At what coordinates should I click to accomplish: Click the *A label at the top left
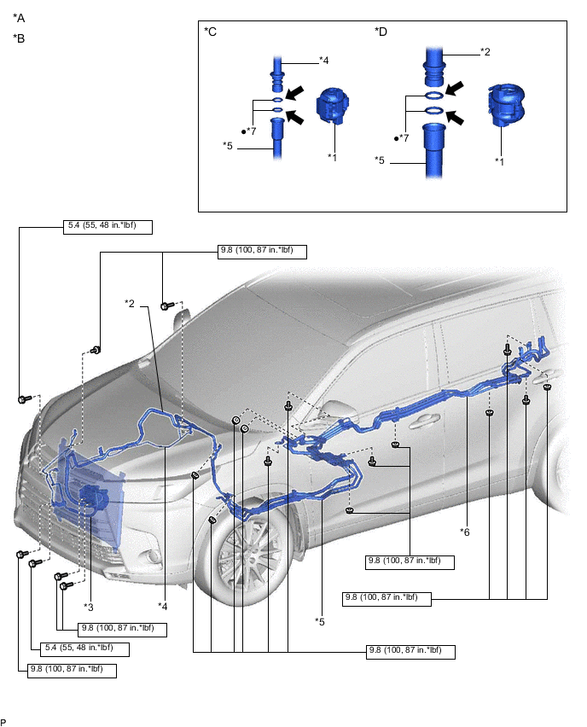[19, 18]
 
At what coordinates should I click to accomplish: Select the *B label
[19, 38]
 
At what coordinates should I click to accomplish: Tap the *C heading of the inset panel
[211, 32]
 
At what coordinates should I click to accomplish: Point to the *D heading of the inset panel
[381, 32]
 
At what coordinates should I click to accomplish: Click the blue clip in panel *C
[331, 107]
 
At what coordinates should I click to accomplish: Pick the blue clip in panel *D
[505, 106]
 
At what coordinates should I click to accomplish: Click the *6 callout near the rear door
[465, 532]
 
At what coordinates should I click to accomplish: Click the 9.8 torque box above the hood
[262, 251]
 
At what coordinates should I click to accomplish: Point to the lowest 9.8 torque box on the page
[73, 669]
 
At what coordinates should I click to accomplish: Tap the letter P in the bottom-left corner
[4, 721]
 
